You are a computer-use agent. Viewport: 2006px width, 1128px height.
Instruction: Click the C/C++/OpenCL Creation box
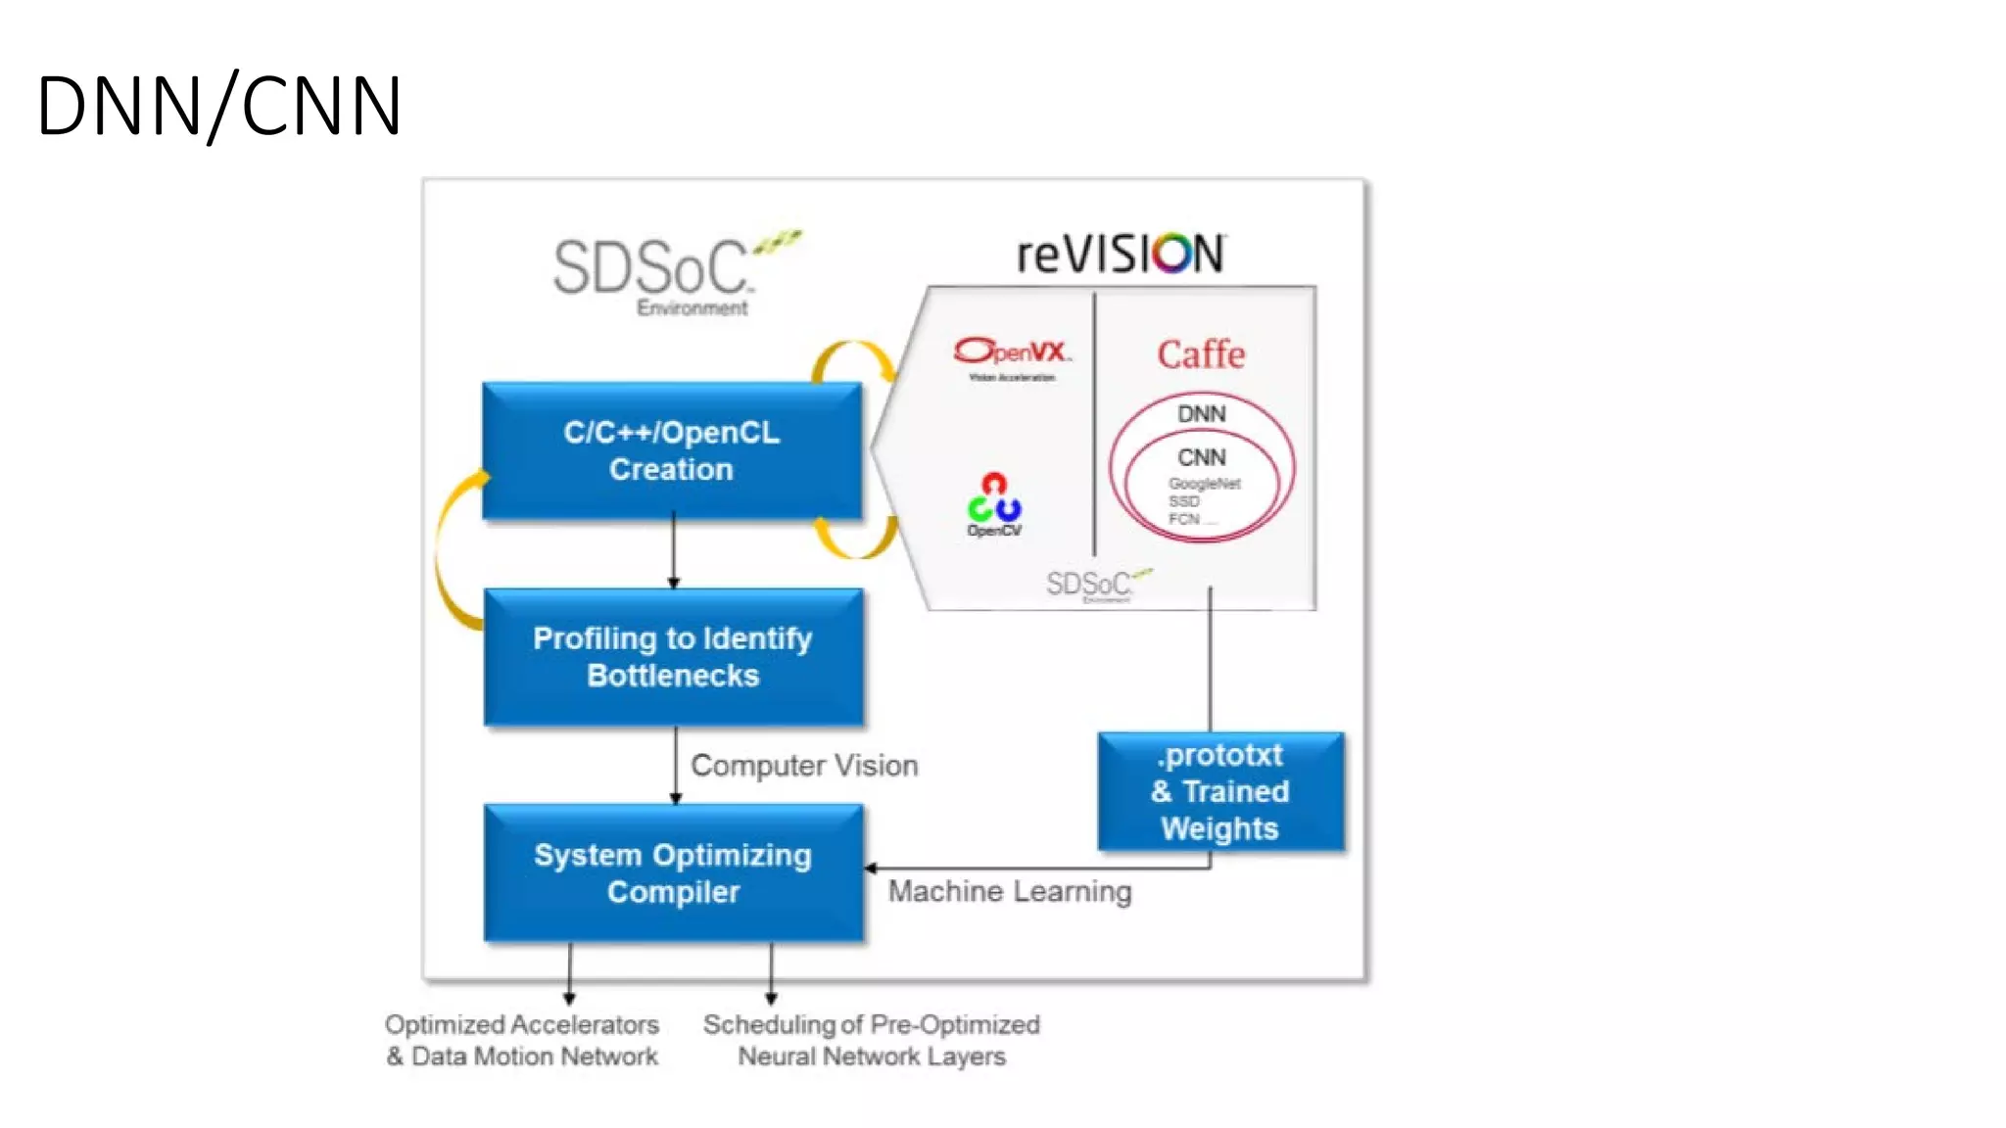click(x=672, y=451)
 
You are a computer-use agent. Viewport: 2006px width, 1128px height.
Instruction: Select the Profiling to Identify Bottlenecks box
click(x=673, y=657)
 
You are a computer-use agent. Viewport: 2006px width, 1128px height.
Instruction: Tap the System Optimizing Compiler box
click(x=673, y=873)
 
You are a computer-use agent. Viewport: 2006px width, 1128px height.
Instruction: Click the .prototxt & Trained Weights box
click(x=1220, y=791)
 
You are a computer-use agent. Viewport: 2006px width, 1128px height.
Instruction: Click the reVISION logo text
click(x=1121, y=255)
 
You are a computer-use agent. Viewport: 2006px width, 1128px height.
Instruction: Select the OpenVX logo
click(x=1012, y=354)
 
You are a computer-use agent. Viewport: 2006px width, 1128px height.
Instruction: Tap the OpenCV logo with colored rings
click(x=994, y=503)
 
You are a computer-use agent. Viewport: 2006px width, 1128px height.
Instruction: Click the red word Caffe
click(x=1201, y=354)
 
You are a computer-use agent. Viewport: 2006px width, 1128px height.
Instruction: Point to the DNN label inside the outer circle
click(x=1201, y=414)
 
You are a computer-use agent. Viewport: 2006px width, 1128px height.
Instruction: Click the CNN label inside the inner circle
click(x=1201, y=457)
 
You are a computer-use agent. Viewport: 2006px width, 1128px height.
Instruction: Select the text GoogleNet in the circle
click(x=1204, y=484)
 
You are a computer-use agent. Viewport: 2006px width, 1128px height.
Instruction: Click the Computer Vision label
click(x=804, y=766)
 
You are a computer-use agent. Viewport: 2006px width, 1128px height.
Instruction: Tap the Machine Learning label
click(x=1010, y=892)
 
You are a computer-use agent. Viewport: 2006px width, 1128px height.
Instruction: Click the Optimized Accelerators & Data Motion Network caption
click(x=521, y=1040)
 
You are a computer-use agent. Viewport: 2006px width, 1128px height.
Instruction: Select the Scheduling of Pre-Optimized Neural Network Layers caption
click(x=871, y=1040)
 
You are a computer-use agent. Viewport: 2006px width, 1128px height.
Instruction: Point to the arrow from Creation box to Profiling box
click(x=673, y=553)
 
